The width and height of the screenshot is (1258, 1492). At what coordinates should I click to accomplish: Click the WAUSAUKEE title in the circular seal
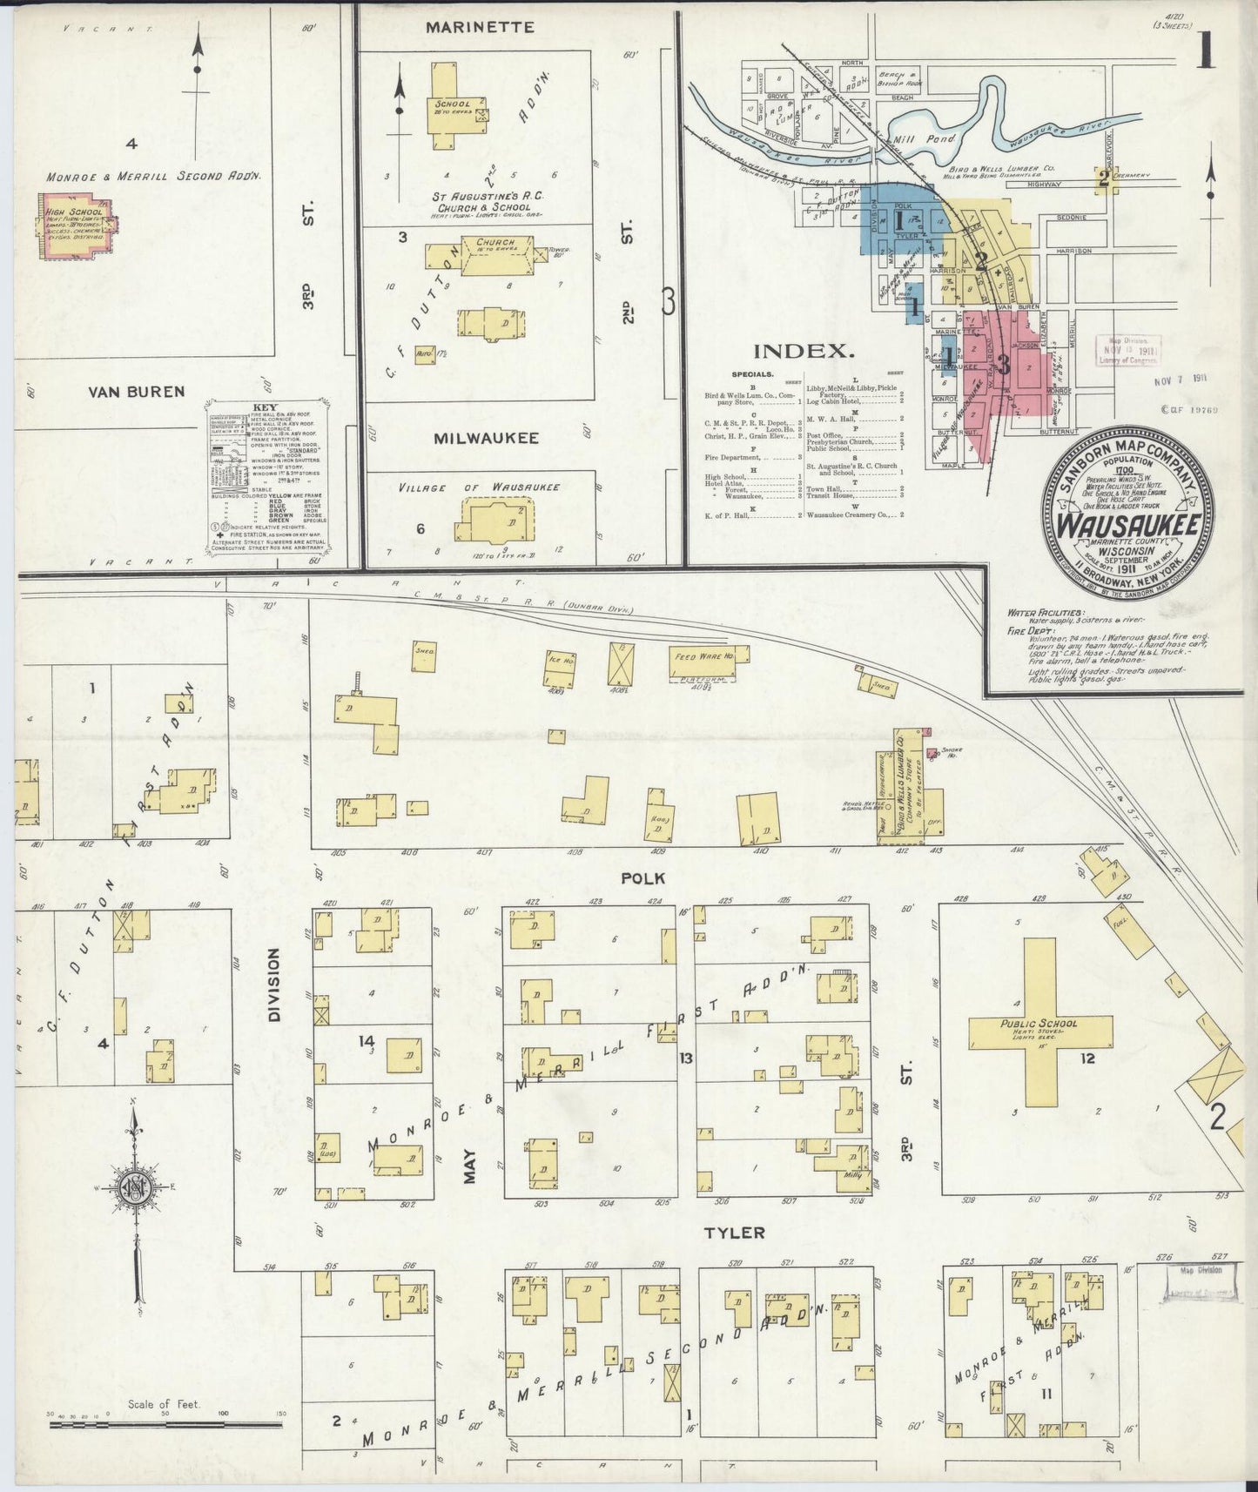[x=1129, y=526]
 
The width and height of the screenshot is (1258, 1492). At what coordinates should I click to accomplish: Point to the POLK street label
[x=636, y=878]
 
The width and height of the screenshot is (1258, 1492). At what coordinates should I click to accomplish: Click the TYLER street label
[x=722, y=1233]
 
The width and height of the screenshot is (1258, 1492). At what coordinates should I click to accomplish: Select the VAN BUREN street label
[x=137, y=392]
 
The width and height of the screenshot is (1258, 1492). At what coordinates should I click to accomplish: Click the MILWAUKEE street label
[x=481, y=439]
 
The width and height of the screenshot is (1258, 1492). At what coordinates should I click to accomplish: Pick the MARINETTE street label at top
[x=480, y=27]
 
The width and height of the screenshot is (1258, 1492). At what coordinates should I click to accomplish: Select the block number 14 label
[x=367, y=1040]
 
